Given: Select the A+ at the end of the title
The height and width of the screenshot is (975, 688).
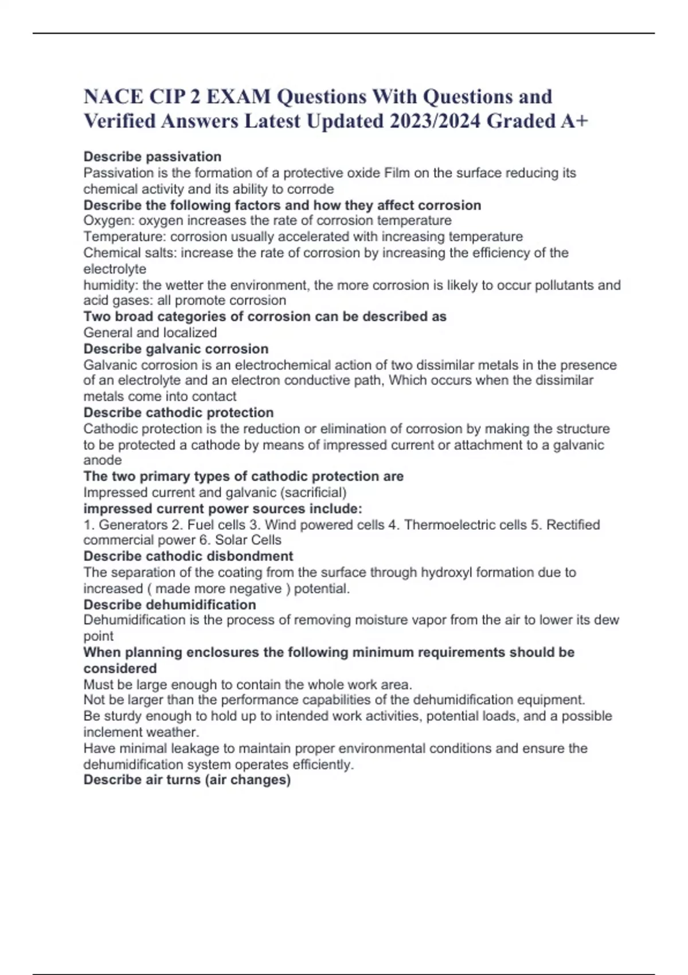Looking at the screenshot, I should coord(574,121).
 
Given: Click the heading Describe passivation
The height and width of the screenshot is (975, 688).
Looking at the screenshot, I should coord(153,157).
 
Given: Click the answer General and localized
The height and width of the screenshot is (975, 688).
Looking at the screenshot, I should coord(150,333).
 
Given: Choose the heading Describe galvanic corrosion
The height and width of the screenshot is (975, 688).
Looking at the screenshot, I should coord(176,349).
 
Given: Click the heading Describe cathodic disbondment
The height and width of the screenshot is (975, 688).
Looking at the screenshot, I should coord(188,556).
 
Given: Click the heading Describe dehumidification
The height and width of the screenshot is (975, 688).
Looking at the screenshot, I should coord(170,604).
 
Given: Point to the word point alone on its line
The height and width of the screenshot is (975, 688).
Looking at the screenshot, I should coord(99,636).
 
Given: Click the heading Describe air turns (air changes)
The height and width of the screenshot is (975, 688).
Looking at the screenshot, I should coord(187,780).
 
